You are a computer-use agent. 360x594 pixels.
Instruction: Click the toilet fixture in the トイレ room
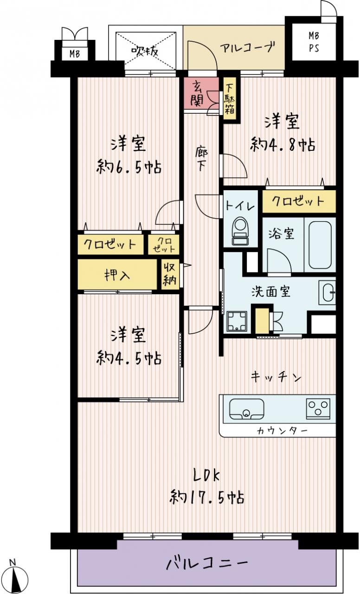[240, 231]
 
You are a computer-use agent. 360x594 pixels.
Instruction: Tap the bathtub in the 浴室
[320, 245]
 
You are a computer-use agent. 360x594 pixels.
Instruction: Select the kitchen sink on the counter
[246, 409]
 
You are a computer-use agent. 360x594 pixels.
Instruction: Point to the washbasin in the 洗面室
[328, 292]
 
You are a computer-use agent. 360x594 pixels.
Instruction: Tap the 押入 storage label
[117, 274]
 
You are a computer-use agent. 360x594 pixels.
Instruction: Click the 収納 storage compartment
[170, 274]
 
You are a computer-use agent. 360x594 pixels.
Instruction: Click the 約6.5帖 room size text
[129, 167]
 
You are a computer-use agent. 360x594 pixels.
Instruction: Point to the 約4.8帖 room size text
[283, 145]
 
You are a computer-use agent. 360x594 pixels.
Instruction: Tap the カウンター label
[282, 431]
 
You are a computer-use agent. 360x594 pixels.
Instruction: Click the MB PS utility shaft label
[314, 42]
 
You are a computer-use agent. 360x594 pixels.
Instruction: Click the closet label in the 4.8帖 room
[298, 201]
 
